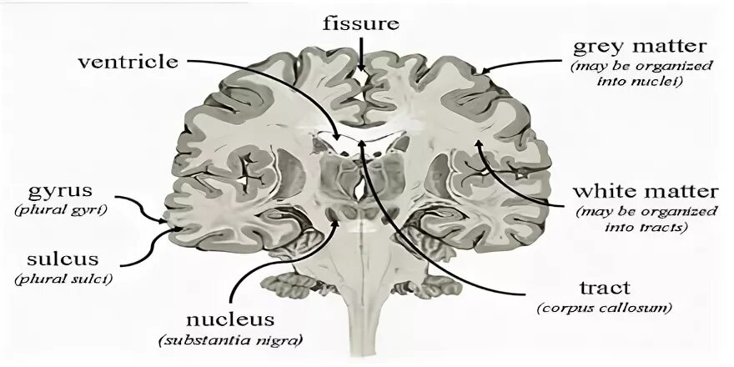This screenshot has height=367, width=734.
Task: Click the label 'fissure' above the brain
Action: tap(361, 23)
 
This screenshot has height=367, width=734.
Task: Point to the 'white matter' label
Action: tap(641, 192)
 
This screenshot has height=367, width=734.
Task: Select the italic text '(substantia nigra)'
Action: tap(229, 340)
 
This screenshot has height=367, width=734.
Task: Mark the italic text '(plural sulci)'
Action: tap(63, 278)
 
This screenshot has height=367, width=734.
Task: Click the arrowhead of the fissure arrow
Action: tap(361, 68)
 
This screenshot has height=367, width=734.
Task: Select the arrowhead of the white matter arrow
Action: tap(478, 143)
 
